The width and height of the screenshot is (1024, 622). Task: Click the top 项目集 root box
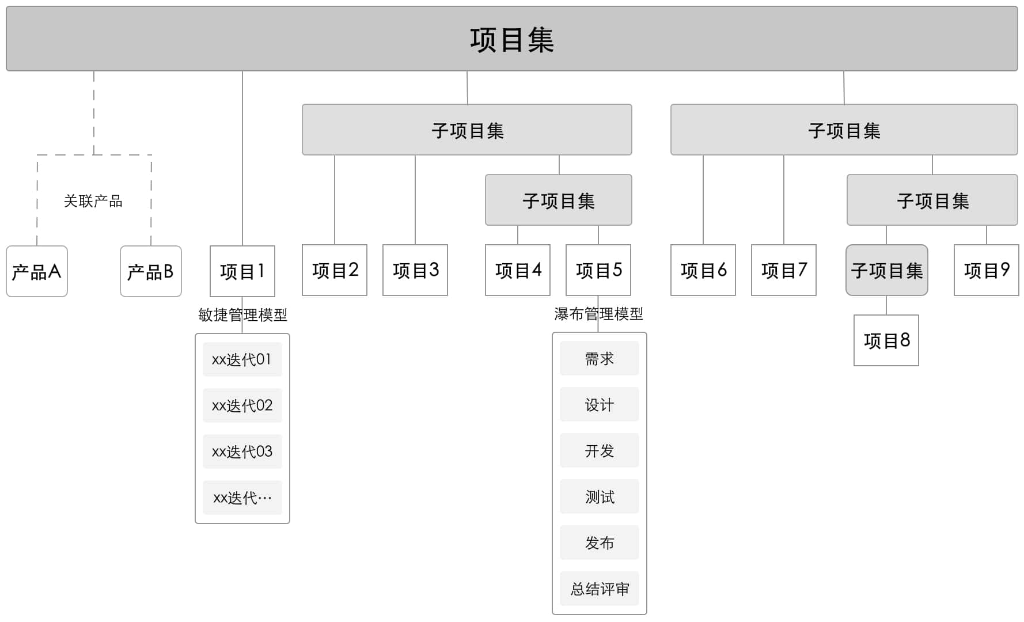511,39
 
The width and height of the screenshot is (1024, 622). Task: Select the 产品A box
37,271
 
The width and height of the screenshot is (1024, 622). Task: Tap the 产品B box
151,271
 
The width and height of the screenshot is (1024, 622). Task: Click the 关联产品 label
93,201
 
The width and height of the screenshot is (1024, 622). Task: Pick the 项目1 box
242,271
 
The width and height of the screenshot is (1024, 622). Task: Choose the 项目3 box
415,270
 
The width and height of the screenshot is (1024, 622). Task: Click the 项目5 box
598,270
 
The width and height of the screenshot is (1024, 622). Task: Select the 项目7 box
784,270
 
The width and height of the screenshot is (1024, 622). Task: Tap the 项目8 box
886,340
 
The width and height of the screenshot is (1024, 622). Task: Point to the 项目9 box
987,270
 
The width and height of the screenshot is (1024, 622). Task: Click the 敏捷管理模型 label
242,315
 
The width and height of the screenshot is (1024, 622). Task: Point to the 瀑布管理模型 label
598,314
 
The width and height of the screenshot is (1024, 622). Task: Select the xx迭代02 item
242,405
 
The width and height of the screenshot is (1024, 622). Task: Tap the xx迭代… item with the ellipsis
242,498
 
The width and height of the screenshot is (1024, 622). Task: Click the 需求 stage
600,358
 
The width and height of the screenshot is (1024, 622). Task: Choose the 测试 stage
600,496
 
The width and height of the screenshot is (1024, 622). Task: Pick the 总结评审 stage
600,589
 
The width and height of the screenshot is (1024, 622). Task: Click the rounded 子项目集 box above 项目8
887,270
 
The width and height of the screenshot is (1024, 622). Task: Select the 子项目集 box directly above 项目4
559,200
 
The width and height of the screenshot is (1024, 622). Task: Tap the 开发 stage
600,450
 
